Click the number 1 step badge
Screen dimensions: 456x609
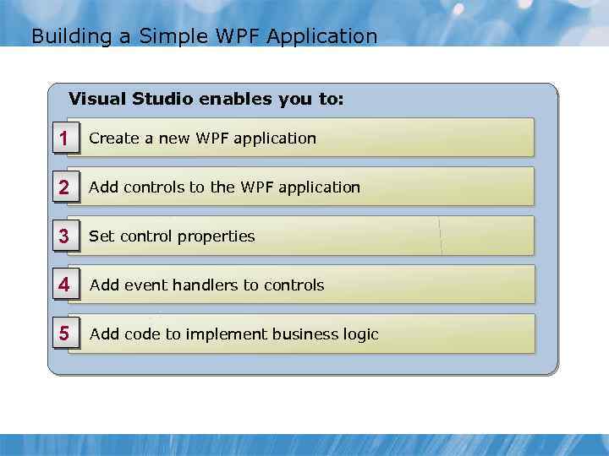coord(64,138)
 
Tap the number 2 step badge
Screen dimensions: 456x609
coord(64,187)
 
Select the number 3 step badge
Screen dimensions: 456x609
coord(64,236)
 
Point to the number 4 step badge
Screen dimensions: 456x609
coord(64,285)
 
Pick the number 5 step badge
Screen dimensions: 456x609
coord(64,334)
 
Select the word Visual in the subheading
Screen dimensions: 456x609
coord(97,99)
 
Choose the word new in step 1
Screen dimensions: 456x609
coord(177,138)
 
